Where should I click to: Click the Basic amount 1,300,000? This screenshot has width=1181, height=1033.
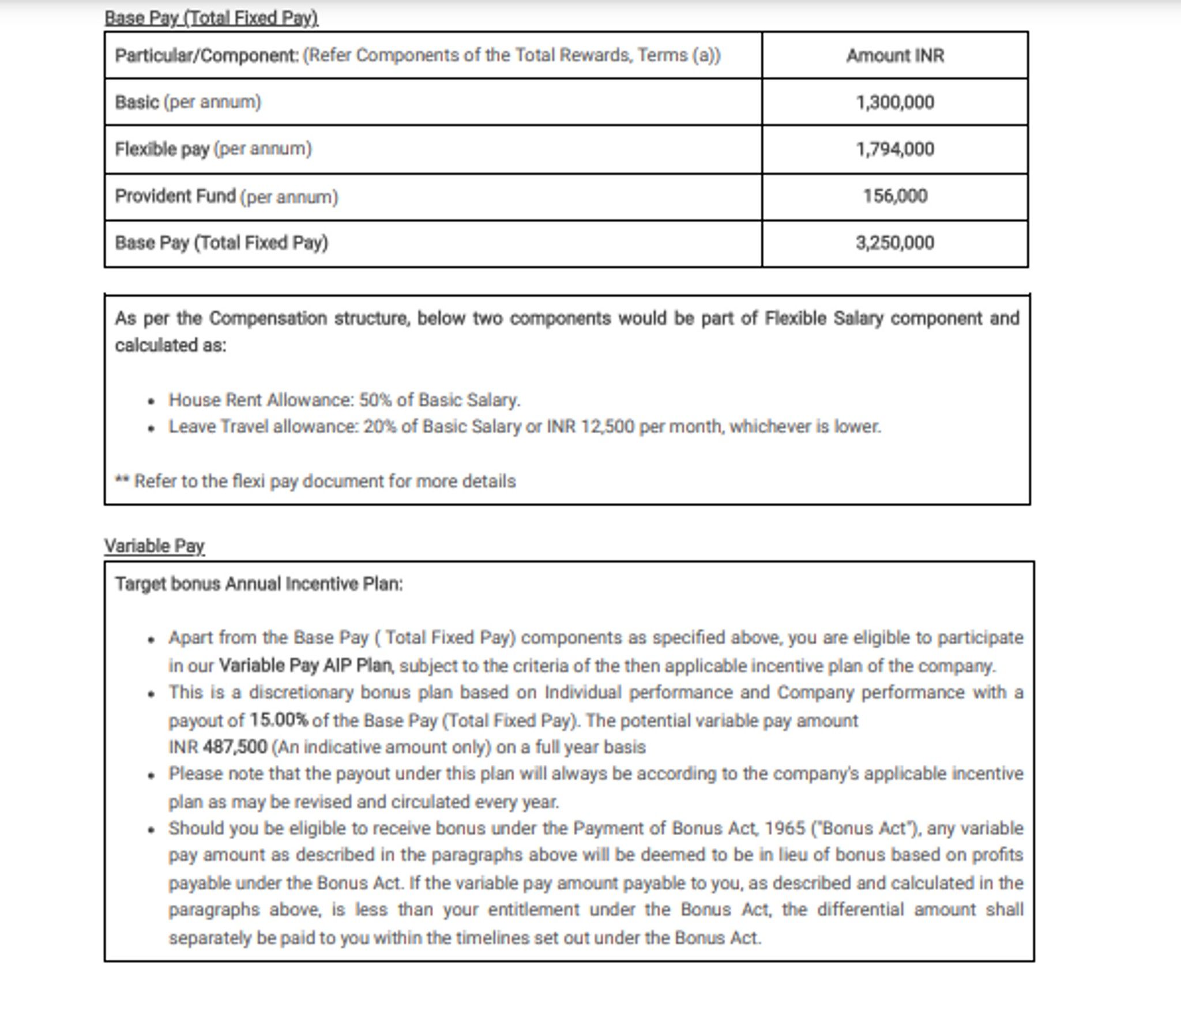894,103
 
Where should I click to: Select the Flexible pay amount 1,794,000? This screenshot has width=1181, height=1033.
894,149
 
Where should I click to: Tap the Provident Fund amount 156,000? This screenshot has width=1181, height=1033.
895,196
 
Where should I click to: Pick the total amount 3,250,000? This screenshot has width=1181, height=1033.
894,243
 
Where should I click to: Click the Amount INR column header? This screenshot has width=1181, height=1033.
894,56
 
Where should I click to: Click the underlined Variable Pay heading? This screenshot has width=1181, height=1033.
154,546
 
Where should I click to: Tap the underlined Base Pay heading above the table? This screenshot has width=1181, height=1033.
211,18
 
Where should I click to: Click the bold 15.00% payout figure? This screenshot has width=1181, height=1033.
279,720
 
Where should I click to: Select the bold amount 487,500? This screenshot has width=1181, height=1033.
235,747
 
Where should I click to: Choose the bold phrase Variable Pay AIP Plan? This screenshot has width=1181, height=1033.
306,666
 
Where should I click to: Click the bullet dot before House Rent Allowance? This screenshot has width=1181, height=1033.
151,401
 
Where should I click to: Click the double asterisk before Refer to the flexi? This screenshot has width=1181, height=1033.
122,480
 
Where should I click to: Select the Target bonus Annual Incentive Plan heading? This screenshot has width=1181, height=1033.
259,584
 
